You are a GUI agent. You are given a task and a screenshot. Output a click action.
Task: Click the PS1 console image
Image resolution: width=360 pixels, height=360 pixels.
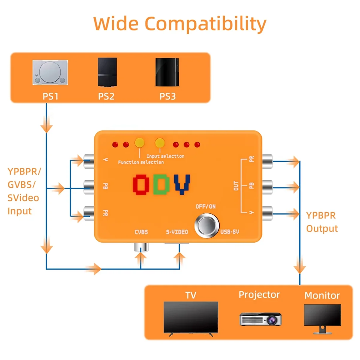[x=50, y=72]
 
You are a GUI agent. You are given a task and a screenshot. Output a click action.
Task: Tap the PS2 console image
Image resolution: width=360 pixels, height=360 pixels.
[x=107, y=72]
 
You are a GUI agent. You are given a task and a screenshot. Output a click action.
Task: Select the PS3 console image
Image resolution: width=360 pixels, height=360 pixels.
[x=167, y=72]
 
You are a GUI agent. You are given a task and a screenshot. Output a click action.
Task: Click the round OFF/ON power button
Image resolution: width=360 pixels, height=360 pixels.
[x=207, y=225]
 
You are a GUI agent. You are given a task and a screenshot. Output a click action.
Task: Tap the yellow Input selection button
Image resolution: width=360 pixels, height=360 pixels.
[x=160, y=142]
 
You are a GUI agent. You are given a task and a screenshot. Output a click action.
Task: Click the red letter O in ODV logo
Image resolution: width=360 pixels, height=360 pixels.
[x=141, y=184]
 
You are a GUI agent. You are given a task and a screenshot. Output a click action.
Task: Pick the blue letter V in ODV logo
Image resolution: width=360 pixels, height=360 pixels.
[x=182, y=184]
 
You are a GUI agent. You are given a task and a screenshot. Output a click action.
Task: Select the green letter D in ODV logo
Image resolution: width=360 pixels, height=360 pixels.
[x=161, y=184]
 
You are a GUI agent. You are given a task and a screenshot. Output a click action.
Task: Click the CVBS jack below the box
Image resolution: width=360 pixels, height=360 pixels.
[x=141, y=247]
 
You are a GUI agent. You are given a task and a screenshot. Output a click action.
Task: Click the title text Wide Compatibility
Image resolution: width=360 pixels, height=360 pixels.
[x=180, y=24]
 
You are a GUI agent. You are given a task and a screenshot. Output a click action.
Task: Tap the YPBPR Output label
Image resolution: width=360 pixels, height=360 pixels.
[x=322, y=222]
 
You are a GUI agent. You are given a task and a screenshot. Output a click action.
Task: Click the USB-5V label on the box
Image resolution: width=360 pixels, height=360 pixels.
[x=230, y=232]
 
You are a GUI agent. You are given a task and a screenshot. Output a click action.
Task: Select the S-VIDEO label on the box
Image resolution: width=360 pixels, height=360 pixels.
[x=177, y=232]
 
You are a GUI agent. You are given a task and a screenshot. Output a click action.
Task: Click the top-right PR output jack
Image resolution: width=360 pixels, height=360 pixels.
[x=267, y=161]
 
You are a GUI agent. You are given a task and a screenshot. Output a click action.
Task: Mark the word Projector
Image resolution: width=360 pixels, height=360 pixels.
[x=259, y=295]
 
